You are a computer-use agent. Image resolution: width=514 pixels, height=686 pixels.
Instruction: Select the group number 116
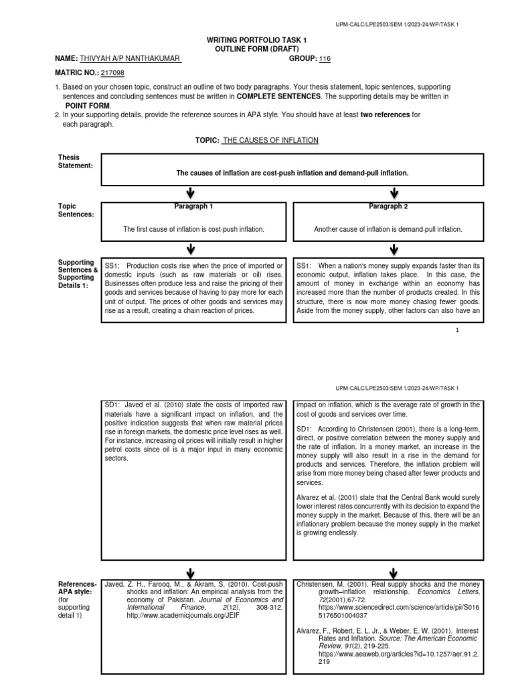pyautogui.click(x=325, y=59)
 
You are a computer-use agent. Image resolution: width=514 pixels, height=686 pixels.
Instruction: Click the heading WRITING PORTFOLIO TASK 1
pyautogui.click(x=257, y=41)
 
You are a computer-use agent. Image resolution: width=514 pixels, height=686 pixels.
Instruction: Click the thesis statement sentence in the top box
pyautogui.click(x=292, y=173)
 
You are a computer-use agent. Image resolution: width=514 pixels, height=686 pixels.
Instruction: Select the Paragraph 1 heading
pyautogui.click(x=193, y=206)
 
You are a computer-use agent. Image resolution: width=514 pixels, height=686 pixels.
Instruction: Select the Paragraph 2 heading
pyautogui.click(x=389, y=206)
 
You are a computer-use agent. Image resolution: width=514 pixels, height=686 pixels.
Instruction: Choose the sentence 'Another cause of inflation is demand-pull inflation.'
pyautogui.click(x=388, y=229)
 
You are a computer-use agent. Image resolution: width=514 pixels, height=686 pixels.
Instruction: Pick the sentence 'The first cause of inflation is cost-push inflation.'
pyautogui.click(x=194, y=229)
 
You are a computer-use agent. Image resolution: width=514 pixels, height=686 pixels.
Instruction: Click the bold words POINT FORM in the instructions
pyautogui.click(x=88, y=106)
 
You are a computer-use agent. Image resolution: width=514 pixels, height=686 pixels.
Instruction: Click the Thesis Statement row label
pyautogui.click(x=74, y=161)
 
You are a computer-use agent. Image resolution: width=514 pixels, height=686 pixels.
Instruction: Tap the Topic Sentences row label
pyautogui.click(x=74, y=210)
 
